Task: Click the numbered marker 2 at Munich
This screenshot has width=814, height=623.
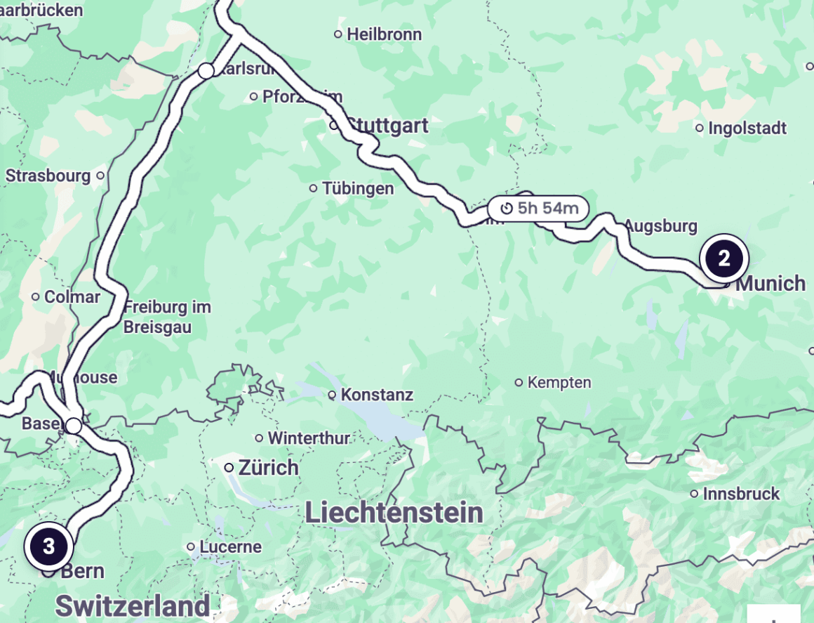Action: pyautogui.click(x=723, y=258)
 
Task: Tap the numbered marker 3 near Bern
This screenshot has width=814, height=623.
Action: pyautogui.click(x=48, y=547)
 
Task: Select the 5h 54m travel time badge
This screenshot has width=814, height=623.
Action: pyautogui.click(x=540, y=208)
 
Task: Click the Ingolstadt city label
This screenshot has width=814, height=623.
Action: pyautogui.click(x=747, y=129)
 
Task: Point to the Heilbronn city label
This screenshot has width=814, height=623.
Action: pyautogui.click(x=384, y=34)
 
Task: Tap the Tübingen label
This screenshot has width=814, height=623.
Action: pyautogui.click(x=358, y=188)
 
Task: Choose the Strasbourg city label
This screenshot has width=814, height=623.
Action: pyautogui.click(x=48, y=175)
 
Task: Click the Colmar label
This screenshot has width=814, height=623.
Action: pyautogui.click(x=72, y=297)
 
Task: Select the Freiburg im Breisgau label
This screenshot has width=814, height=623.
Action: pyautogui.click(x=167, y=317)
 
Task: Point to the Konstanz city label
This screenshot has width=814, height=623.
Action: pyautogui.click(x=377, y=395)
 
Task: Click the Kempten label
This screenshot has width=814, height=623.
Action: pyautogui.click(x=559, y=383)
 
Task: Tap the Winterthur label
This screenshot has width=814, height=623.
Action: pyautogui.click(x=308, y=438)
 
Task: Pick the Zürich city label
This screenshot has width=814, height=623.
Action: pyautogui.click(x=268, y=468)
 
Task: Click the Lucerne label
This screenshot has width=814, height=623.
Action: pyautogui.click(x=230, y=546)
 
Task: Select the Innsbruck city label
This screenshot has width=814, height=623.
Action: pyautogui.click(x=741, y=494)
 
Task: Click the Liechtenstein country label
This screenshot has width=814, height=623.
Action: pyautogui.click(x=394, y=513)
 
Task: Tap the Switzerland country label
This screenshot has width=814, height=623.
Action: pyautogui.click(x=133, y=605)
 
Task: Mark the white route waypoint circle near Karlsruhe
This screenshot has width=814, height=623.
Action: pyautogui.click(x=206, y=71)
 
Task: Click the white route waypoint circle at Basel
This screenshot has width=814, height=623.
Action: pyautogui.click(x=74, y=426)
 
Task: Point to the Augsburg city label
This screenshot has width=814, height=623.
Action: pyautogui.click(x=660, y=226)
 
